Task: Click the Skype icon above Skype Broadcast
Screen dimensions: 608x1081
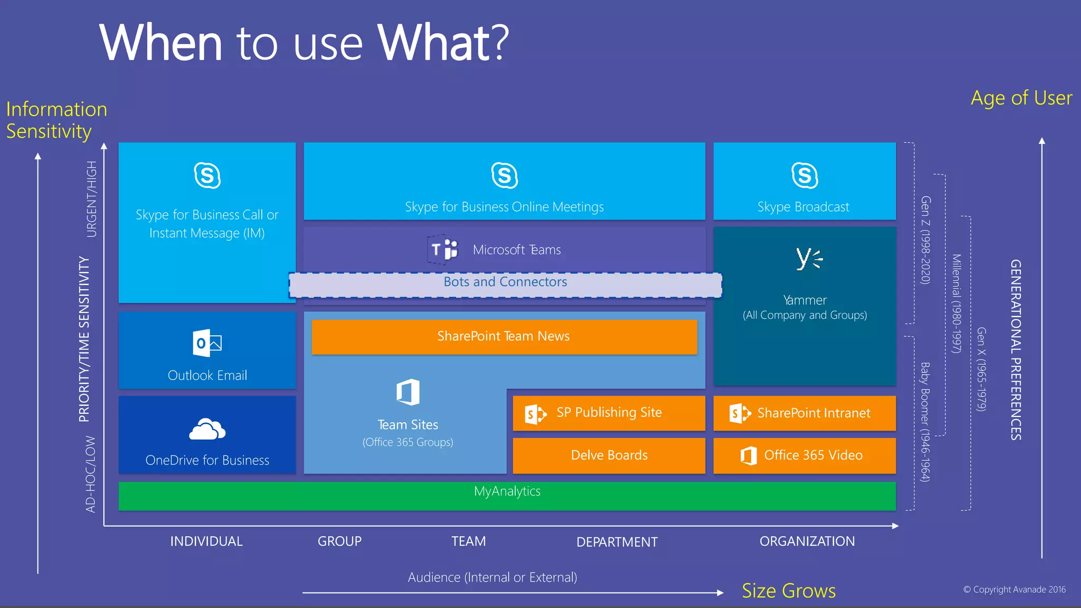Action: pos(804,176)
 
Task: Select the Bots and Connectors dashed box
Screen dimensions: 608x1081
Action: pos(505,285)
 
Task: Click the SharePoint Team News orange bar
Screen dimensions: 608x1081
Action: pos(504,337)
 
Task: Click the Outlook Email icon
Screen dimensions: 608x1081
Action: pos(207,343)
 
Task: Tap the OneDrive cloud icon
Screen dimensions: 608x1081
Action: pos(207,429)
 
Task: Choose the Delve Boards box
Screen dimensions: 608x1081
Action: pos(609,455)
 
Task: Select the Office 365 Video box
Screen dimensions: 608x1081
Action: pos(804,455)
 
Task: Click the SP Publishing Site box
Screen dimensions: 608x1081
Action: pos(609,413)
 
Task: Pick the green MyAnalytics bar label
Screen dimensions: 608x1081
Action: pos(507,491)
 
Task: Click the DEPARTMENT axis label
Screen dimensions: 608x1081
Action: pos(617,542)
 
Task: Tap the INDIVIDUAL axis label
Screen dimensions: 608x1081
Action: pos(206,541)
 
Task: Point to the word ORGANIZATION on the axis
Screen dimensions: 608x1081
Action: pos(807,541)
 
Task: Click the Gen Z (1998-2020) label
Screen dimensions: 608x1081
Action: pos(925,240)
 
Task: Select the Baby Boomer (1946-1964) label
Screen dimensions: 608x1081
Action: pos(925,422)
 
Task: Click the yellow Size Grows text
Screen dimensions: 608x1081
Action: pos(788,591)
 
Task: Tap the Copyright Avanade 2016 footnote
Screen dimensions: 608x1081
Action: pos(1014,590)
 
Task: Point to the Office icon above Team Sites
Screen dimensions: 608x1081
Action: pos(408,392)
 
